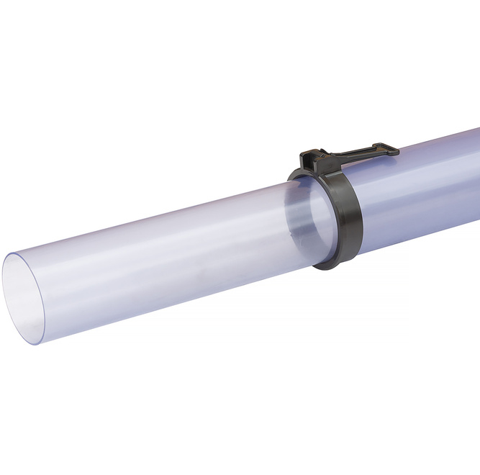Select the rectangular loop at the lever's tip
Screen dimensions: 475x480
389,150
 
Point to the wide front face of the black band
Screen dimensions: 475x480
350,216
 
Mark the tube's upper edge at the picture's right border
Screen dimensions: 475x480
478,130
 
